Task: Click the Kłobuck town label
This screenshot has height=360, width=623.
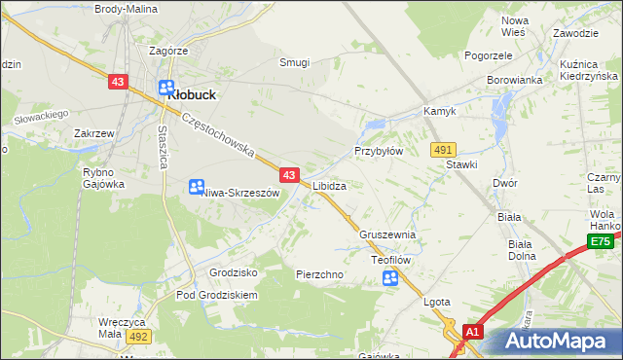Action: point(192,95)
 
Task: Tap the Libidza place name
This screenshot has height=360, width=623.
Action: point(330,184)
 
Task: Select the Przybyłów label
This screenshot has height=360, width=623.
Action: point(379,152)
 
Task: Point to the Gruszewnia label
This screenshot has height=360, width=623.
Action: point(387,235)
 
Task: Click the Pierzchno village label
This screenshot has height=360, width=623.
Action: point(319,274)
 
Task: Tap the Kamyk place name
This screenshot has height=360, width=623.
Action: point(439,112)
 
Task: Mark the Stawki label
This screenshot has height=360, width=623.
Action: point(461,164)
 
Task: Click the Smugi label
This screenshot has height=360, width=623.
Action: point(294,62)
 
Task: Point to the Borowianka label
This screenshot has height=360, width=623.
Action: point(513,81)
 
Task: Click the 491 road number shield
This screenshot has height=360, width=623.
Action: point(443,148)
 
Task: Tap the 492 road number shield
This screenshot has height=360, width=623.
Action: point(137,336)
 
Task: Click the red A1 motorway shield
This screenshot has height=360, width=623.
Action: point(472,332)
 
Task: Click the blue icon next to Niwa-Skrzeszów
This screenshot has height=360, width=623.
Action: point(196,186)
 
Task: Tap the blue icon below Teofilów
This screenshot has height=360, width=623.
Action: point(390,279)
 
